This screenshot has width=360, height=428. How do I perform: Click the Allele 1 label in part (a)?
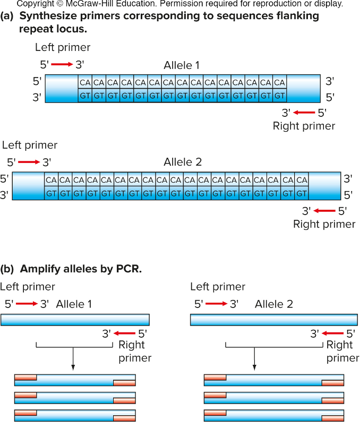click(182, 66)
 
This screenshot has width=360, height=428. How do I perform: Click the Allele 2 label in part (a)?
click(183, 162)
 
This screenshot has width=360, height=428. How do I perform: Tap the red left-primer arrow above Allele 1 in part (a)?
click(62, 65)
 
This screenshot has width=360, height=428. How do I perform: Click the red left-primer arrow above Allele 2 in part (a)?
click(29, 162)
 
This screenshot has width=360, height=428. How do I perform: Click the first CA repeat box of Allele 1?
click(85, 82)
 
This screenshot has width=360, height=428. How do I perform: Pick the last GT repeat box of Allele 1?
click(279, 96)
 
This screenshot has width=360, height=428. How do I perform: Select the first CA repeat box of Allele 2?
click(51, 180)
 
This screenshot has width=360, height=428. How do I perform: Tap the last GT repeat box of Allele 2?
click(301, 194)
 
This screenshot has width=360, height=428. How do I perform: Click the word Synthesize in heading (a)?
click(47, 16)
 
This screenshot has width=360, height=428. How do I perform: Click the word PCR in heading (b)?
click(128, 269)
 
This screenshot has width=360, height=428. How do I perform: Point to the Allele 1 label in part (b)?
click(74, 304)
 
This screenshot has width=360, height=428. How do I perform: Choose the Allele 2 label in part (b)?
click(273, 304)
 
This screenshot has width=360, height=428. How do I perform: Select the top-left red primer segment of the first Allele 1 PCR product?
click(25, 377)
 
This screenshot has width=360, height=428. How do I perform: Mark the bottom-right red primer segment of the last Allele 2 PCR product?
click(333, 418)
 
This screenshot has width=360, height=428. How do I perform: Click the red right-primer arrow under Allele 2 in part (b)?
click(333, 333)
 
